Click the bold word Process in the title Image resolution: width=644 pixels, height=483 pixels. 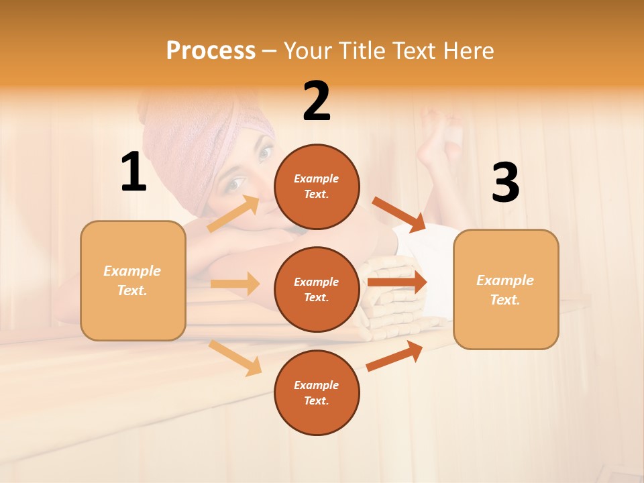coord(211,51)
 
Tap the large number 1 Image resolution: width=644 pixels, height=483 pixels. coord(133,172)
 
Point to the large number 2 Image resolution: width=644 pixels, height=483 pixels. coord(317,101)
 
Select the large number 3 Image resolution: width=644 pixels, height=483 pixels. coord(505,182)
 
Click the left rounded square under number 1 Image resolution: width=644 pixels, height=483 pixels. coord(133,280)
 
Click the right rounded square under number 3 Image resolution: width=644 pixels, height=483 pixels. coord(506,289)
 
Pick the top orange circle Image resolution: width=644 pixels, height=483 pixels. coord(317,186)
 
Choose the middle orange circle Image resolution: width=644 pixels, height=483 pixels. coord(317,289)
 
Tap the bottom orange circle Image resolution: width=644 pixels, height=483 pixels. coord(317,392)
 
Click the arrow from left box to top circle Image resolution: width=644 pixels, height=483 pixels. coord(233,214)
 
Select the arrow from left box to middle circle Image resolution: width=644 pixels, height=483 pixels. coord(235,284)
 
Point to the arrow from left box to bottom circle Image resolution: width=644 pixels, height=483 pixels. coord(235,358)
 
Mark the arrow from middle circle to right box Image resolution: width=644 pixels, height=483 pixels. coord(397,282)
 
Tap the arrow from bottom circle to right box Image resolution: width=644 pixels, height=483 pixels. coord(394,356)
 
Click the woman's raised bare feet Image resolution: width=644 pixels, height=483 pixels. coord(439,134)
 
